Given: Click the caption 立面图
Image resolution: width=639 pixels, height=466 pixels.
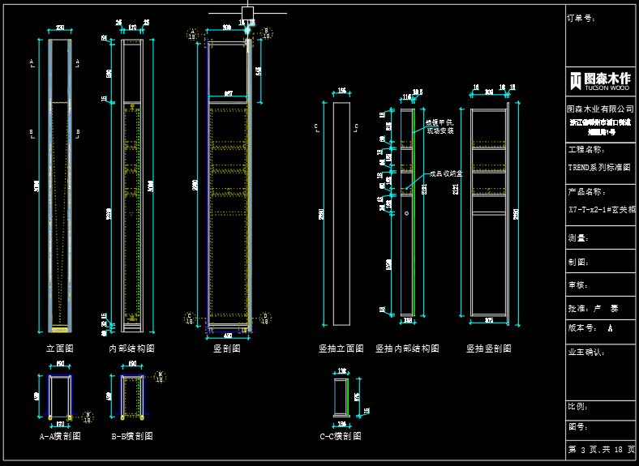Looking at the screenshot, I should coord(60,348).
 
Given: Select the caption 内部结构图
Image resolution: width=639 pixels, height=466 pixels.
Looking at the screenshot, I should coord(131,348).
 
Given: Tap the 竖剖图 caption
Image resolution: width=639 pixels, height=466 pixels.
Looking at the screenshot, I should coord(225,348).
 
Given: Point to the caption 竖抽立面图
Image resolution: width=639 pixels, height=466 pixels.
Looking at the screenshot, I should coord(341,348).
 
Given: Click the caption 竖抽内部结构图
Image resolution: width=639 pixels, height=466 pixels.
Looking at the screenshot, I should coord(407,348).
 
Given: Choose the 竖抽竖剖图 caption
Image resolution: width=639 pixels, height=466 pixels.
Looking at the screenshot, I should coord(488,348).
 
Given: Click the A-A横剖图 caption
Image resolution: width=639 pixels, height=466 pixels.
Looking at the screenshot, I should coord(60,436).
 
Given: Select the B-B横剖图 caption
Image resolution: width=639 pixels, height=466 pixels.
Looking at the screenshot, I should coord(131,436).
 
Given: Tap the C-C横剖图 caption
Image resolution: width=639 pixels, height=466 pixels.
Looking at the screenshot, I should coord(341,436).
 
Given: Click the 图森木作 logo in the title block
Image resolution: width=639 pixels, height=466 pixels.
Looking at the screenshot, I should coord(600,80).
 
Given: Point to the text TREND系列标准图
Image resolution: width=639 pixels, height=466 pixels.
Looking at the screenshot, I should coord(599,167).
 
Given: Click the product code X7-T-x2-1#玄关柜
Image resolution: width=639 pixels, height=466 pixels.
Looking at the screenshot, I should coord(600,208).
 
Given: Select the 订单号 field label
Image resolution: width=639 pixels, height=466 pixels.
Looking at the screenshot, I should coord(581,17).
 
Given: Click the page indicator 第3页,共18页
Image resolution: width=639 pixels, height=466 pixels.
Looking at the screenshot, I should coord(601,449).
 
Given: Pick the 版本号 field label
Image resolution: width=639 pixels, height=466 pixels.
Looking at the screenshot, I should coord(582,328).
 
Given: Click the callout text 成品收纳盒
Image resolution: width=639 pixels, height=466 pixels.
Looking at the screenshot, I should coord(446,173).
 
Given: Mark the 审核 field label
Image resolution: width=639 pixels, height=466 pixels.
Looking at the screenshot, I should coord(577,285).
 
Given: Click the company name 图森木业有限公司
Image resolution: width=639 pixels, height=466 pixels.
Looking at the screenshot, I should coord(600,109).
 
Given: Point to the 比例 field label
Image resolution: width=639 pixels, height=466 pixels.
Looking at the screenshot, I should coord(577,407).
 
